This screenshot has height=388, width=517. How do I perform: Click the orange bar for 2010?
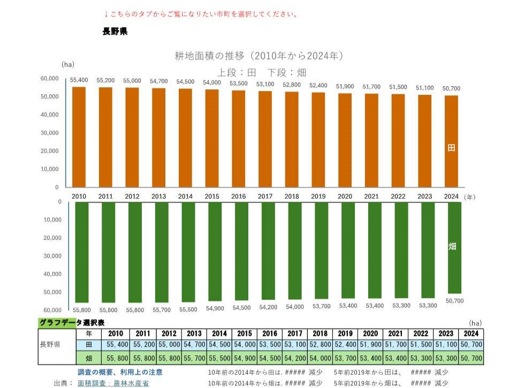(x=79, y=136)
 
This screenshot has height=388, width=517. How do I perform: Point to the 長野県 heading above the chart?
(x=115, y=31)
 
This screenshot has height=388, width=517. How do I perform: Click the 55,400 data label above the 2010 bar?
(x=79, y=80)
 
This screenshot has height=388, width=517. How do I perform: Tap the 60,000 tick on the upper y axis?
(x=50, y=79)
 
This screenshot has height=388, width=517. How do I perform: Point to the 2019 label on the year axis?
(x=318, y=196)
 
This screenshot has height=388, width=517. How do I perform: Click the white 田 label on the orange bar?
(x=452, y=148)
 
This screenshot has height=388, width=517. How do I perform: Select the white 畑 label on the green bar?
(x=452, y=247)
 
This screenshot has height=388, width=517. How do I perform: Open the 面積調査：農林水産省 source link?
(x=113, y=383)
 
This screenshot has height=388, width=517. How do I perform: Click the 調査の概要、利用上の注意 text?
(x=120, y=372)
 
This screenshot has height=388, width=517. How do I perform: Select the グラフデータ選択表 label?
(x=72, y=322)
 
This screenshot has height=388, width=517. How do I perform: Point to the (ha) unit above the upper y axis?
(x=68, y=64)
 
